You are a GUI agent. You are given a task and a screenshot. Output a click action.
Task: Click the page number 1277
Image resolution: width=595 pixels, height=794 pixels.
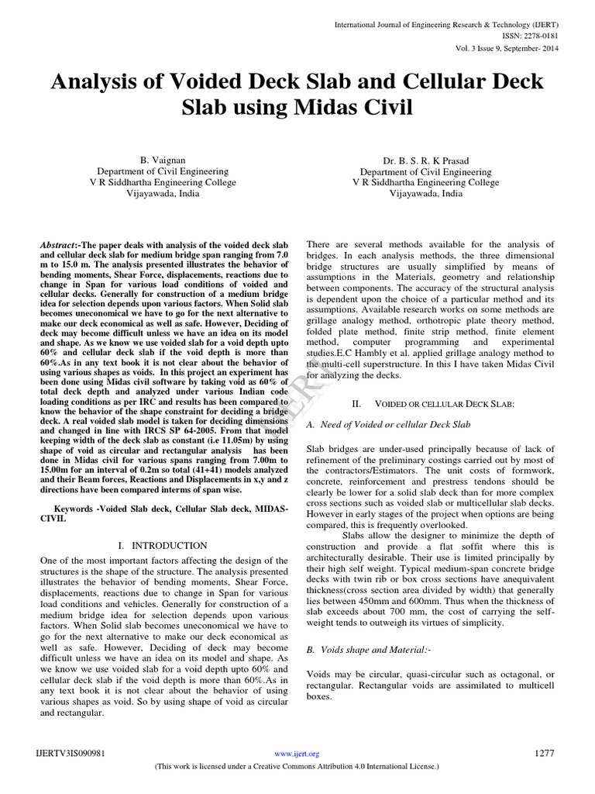click(x=545, y=753)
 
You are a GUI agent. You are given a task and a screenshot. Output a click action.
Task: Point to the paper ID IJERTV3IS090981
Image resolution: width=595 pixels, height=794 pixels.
click(x=71, y=753)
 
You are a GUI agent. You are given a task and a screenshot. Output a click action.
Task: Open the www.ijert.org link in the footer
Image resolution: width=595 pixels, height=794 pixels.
click(x=297, y=754)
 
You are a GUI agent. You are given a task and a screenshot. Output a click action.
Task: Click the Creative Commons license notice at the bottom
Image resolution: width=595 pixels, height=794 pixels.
click(x=297, y=766)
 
